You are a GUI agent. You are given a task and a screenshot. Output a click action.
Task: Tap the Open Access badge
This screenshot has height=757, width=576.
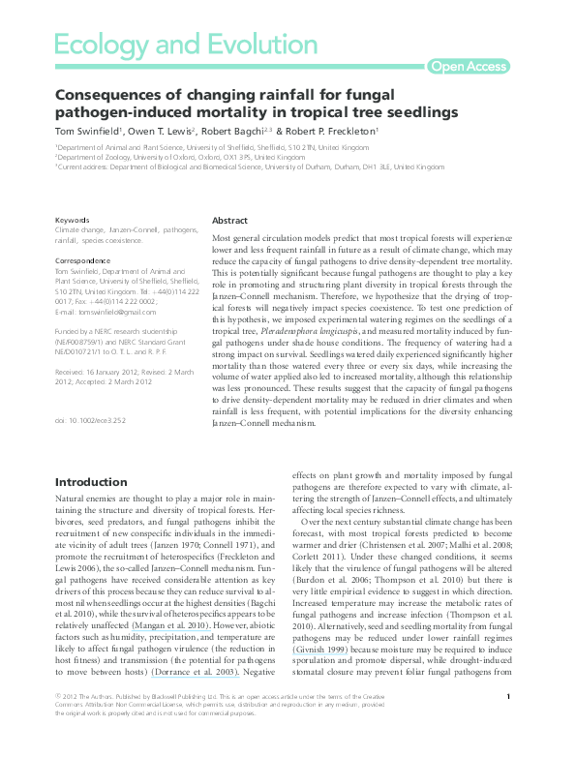[x=468, y=66]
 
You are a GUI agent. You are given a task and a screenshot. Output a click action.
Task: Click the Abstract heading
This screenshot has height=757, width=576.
[x=229, y=222]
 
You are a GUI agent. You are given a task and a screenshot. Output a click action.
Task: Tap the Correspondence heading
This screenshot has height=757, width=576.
[x=82, y=261]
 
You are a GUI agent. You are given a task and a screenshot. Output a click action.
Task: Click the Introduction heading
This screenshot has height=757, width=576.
[x=90, y=482]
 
